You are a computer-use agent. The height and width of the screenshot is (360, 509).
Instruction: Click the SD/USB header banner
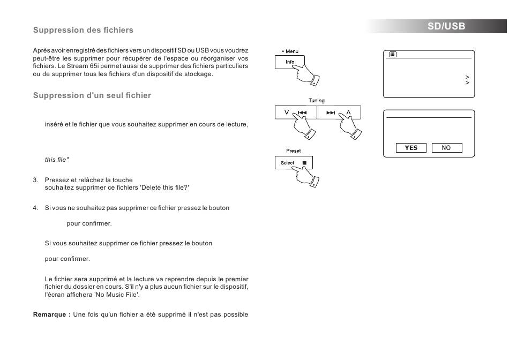point(446,26)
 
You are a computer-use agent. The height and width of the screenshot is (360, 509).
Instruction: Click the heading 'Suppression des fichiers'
point(83,30)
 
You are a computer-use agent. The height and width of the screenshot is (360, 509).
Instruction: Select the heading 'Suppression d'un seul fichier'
point(92,95)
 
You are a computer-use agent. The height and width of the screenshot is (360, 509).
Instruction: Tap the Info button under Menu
point(289,62)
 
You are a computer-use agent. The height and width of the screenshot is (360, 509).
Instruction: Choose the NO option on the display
point(446,148)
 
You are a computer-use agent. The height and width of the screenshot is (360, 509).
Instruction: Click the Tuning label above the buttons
point(317,100)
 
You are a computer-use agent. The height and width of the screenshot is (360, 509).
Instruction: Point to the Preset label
point(293,151)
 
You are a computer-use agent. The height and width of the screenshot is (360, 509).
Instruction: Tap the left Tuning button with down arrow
point(296,112)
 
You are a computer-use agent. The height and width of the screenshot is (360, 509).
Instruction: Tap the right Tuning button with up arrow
point(339,112)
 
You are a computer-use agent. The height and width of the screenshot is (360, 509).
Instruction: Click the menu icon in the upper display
point(393,54)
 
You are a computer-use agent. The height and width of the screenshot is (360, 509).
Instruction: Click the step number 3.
point(35,180)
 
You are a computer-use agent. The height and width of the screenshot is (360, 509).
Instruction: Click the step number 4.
point(35,208)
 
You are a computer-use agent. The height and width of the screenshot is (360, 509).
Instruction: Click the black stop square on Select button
point(304,163)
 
